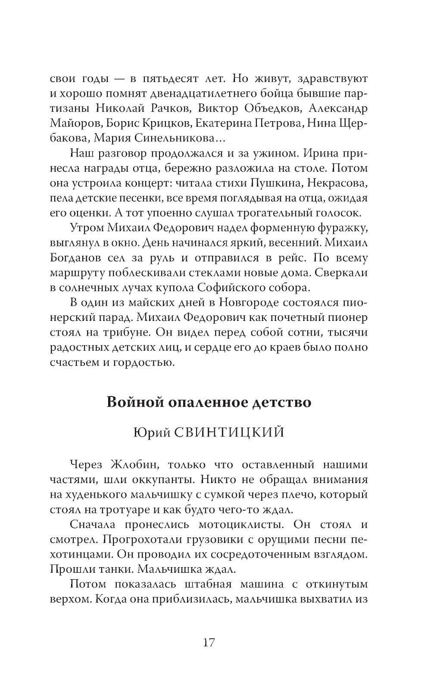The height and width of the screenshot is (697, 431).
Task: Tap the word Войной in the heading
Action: [x=132, y=402]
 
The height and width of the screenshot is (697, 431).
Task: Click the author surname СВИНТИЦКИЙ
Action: [x=231, y=432]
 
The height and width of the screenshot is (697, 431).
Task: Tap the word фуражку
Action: [x=344, y=227]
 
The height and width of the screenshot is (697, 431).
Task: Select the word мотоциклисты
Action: [x=242, y=525]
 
